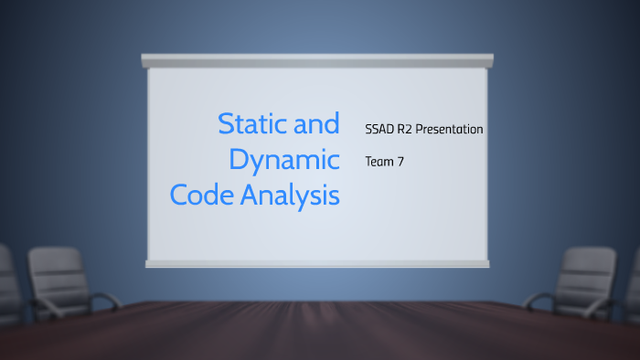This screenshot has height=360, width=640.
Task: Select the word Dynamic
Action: pos(284,159)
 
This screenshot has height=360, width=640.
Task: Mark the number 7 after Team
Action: pos(400,161)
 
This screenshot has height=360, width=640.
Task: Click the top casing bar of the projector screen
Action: pos(317,60)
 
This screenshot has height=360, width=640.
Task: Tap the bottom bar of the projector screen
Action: pos(317,263)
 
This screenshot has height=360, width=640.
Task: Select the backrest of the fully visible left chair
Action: pos(58,271)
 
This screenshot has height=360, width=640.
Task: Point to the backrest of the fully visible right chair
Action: pos(584,271)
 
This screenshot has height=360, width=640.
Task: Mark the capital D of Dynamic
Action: pos(240,159)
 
